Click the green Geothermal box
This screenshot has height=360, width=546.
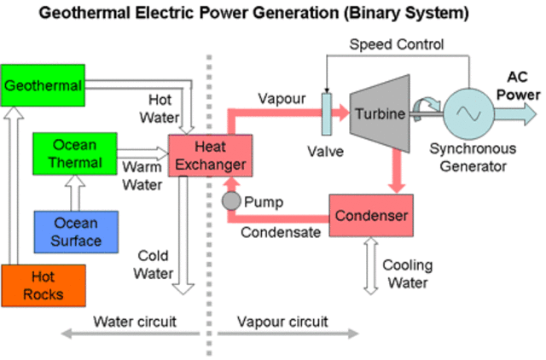pos(44,85)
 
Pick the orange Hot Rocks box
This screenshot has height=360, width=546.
pos(43,287)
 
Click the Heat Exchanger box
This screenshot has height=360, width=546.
pos(208,155)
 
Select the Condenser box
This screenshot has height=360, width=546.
pos(370,216)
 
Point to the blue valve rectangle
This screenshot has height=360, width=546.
pos(326,113)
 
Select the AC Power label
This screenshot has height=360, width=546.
pos(518,86)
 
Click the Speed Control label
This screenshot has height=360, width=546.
pos(396,44)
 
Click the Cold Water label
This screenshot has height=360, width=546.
pos(154,265)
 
